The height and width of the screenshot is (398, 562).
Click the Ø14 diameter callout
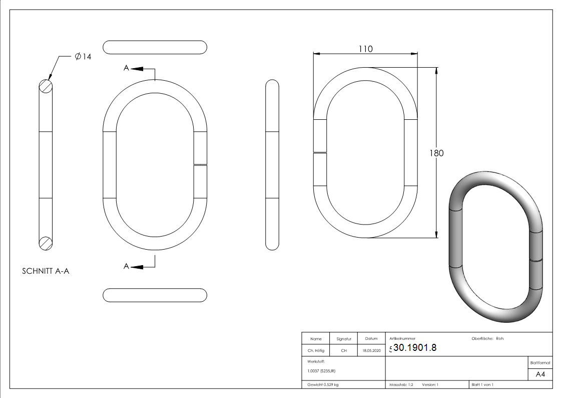click(x=83, y=57)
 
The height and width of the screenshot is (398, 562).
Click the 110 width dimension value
click(x=365, y=49)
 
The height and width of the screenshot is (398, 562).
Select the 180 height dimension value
click(x=436, y=153)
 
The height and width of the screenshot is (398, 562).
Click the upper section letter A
click(x=127, y=68)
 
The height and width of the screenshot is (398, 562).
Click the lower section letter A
click(x=127, y=266)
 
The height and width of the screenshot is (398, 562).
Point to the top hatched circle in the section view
click(x=46, y=86)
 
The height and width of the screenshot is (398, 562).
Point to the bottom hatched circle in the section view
click(x=46, y=243)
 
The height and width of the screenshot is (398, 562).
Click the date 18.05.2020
click(x=371, y=351)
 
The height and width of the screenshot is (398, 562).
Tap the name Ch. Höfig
click(x=315, y=351)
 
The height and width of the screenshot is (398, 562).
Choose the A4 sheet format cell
click(x=540, y=374)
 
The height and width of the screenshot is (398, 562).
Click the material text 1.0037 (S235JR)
click(x=321, y=371)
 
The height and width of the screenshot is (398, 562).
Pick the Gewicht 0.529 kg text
click(x=323, y=385)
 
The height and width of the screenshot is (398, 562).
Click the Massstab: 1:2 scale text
click(x=401, y=385)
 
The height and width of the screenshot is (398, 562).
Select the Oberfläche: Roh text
click(x=487, y=338)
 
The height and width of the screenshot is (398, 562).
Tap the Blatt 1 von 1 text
click(x=482, y=385)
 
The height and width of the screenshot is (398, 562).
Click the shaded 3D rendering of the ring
click(x=495, y=246)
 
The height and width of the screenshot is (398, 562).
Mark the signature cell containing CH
click(x=344, y=351)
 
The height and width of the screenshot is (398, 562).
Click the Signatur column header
click(x=344, y=339)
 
